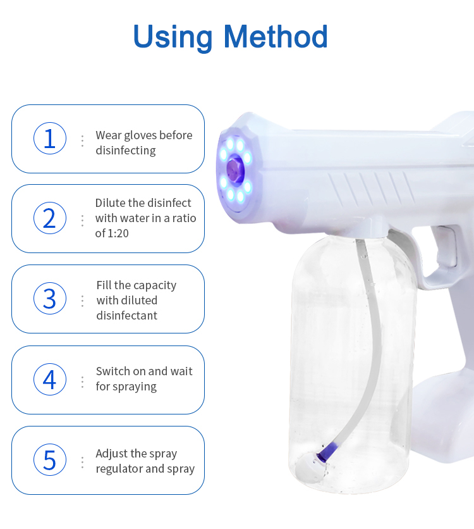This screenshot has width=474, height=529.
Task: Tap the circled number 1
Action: point(50,139)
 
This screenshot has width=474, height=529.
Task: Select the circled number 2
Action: point(50,218)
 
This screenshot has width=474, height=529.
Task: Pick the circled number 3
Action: point(50,299)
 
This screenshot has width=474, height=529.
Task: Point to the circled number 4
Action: point(50,380)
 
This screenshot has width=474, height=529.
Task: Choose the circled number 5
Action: point(50,460)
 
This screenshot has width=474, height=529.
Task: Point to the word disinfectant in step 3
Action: point(126,316)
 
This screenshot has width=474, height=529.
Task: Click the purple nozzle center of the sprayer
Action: point(235,168)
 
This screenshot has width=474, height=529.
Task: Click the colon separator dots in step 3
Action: point(82,301)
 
